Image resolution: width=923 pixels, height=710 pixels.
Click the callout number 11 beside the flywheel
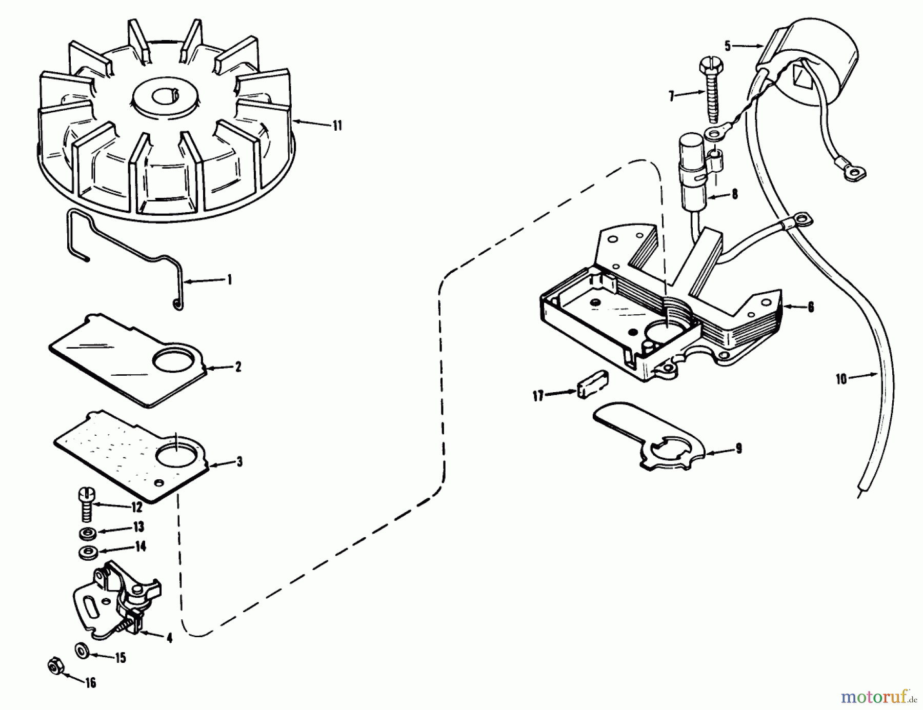tap(337, 126)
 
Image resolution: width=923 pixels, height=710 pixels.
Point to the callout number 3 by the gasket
tap(239, 462)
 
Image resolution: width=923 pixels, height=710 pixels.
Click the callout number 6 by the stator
tap(810, 307)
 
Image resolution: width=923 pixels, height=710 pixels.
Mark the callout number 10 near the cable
tap(841, 380)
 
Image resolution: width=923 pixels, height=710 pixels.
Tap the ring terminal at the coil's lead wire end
tap(854, 175)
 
